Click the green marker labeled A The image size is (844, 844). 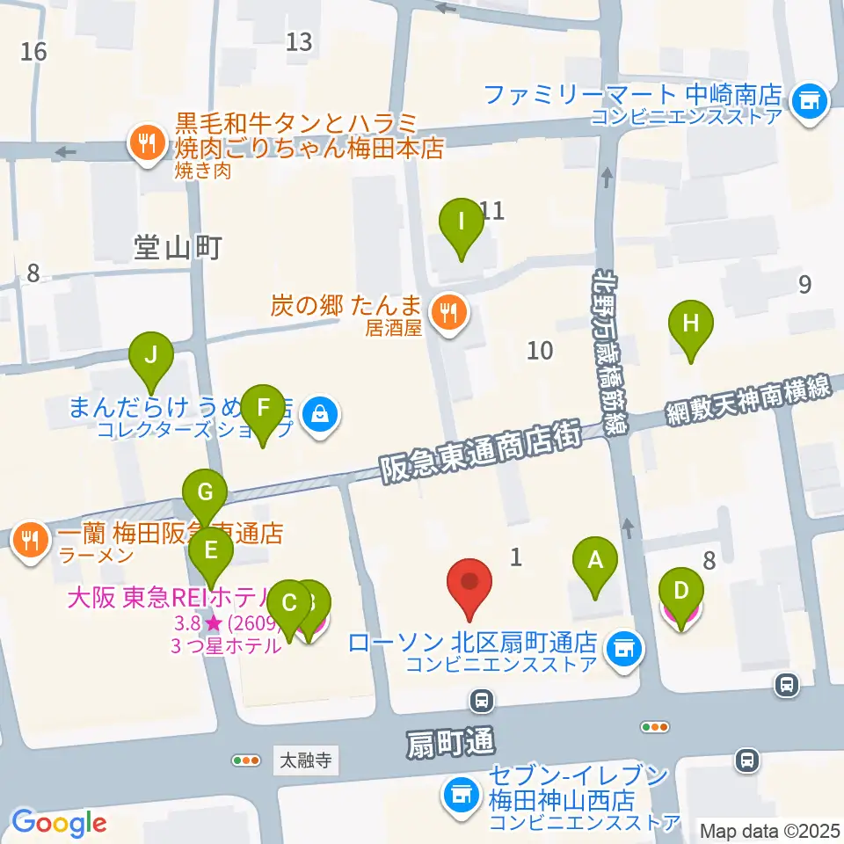(595, 558)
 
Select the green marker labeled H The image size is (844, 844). (691, 323)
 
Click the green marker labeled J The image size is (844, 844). (151, 355)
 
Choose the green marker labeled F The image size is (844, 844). (262, 408)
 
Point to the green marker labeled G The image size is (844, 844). (205, 491)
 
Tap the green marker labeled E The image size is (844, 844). (211, 551)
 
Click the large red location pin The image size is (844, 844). (469, 584)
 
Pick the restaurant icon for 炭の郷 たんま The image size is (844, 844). (449, 312)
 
